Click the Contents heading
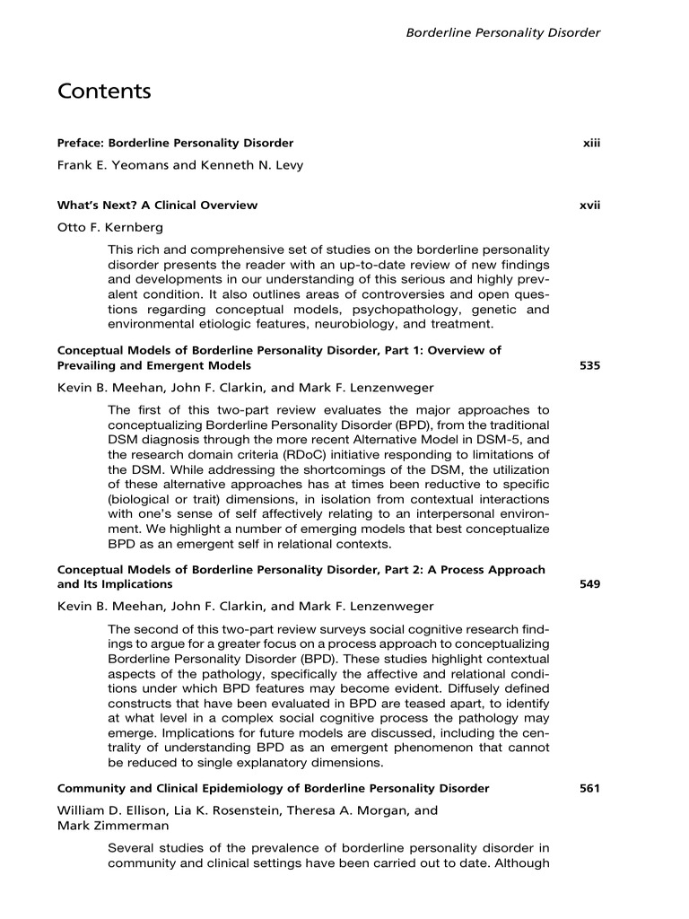(104, 92)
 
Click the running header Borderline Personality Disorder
(502, 33)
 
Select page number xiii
(590, 143)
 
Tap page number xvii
(589, 206)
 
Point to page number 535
(589, 366)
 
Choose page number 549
(589, 584)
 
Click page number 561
(589, 789)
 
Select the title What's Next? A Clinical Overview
(157, 206)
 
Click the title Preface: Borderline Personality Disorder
(175, 143)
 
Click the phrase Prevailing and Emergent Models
(153, 366)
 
